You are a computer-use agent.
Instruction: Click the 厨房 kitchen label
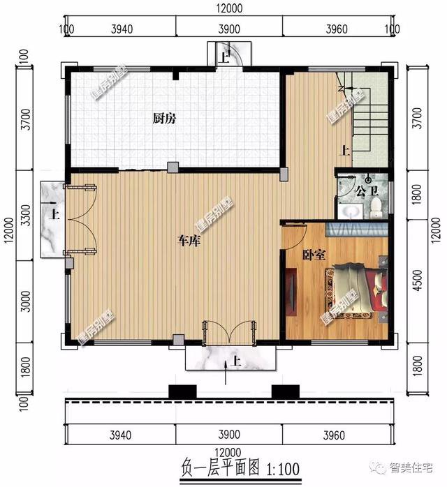click(164, 119)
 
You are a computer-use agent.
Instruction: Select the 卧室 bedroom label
click(314, 255)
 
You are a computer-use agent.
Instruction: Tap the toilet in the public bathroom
click(376, 205)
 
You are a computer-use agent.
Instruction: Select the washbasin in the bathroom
click(349, 207)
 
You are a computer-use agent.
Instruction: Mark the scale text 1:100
click(263, 466)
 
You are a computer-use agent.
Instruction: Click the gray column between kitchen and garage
click(172, 167)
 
